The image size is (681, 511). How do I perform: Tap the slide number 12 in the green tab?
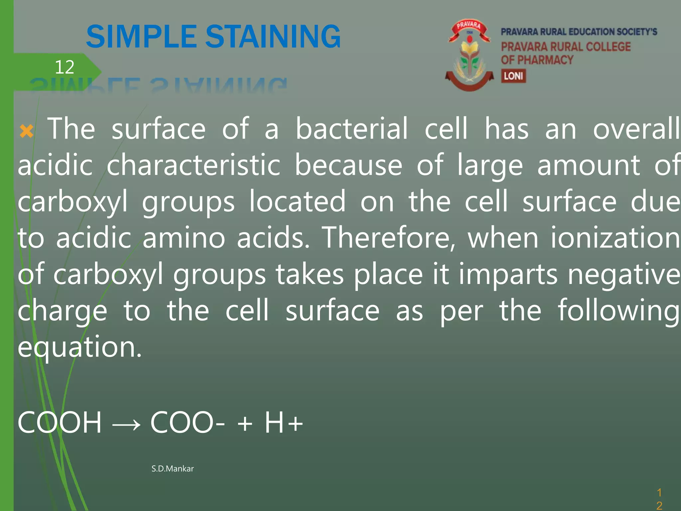click(64, 67)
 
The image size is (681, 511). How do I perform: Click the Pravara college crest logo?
click(469, 55)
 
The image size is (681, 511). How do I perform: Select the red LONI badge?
click(513, 76)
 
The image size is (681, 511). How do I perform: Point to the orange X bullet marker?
click(27, 131)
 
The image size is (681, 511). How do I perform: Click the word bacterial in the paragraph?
click(351, 128)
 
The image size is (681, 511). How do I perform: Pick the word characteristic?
click(194, 165)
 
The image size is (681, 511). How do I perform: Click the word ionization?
click(615, 238)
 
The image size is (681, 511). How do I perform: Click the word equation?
click(79, 347)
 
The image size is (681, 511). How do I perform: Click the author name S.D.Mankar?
click(173, 469)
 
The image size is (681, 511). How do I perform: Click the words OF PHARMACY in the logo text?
click(537, 60)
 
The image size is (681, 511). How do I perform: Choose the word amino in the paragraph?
click(184, 238)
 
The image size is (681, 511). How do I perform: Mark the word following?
click(618, 311)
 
